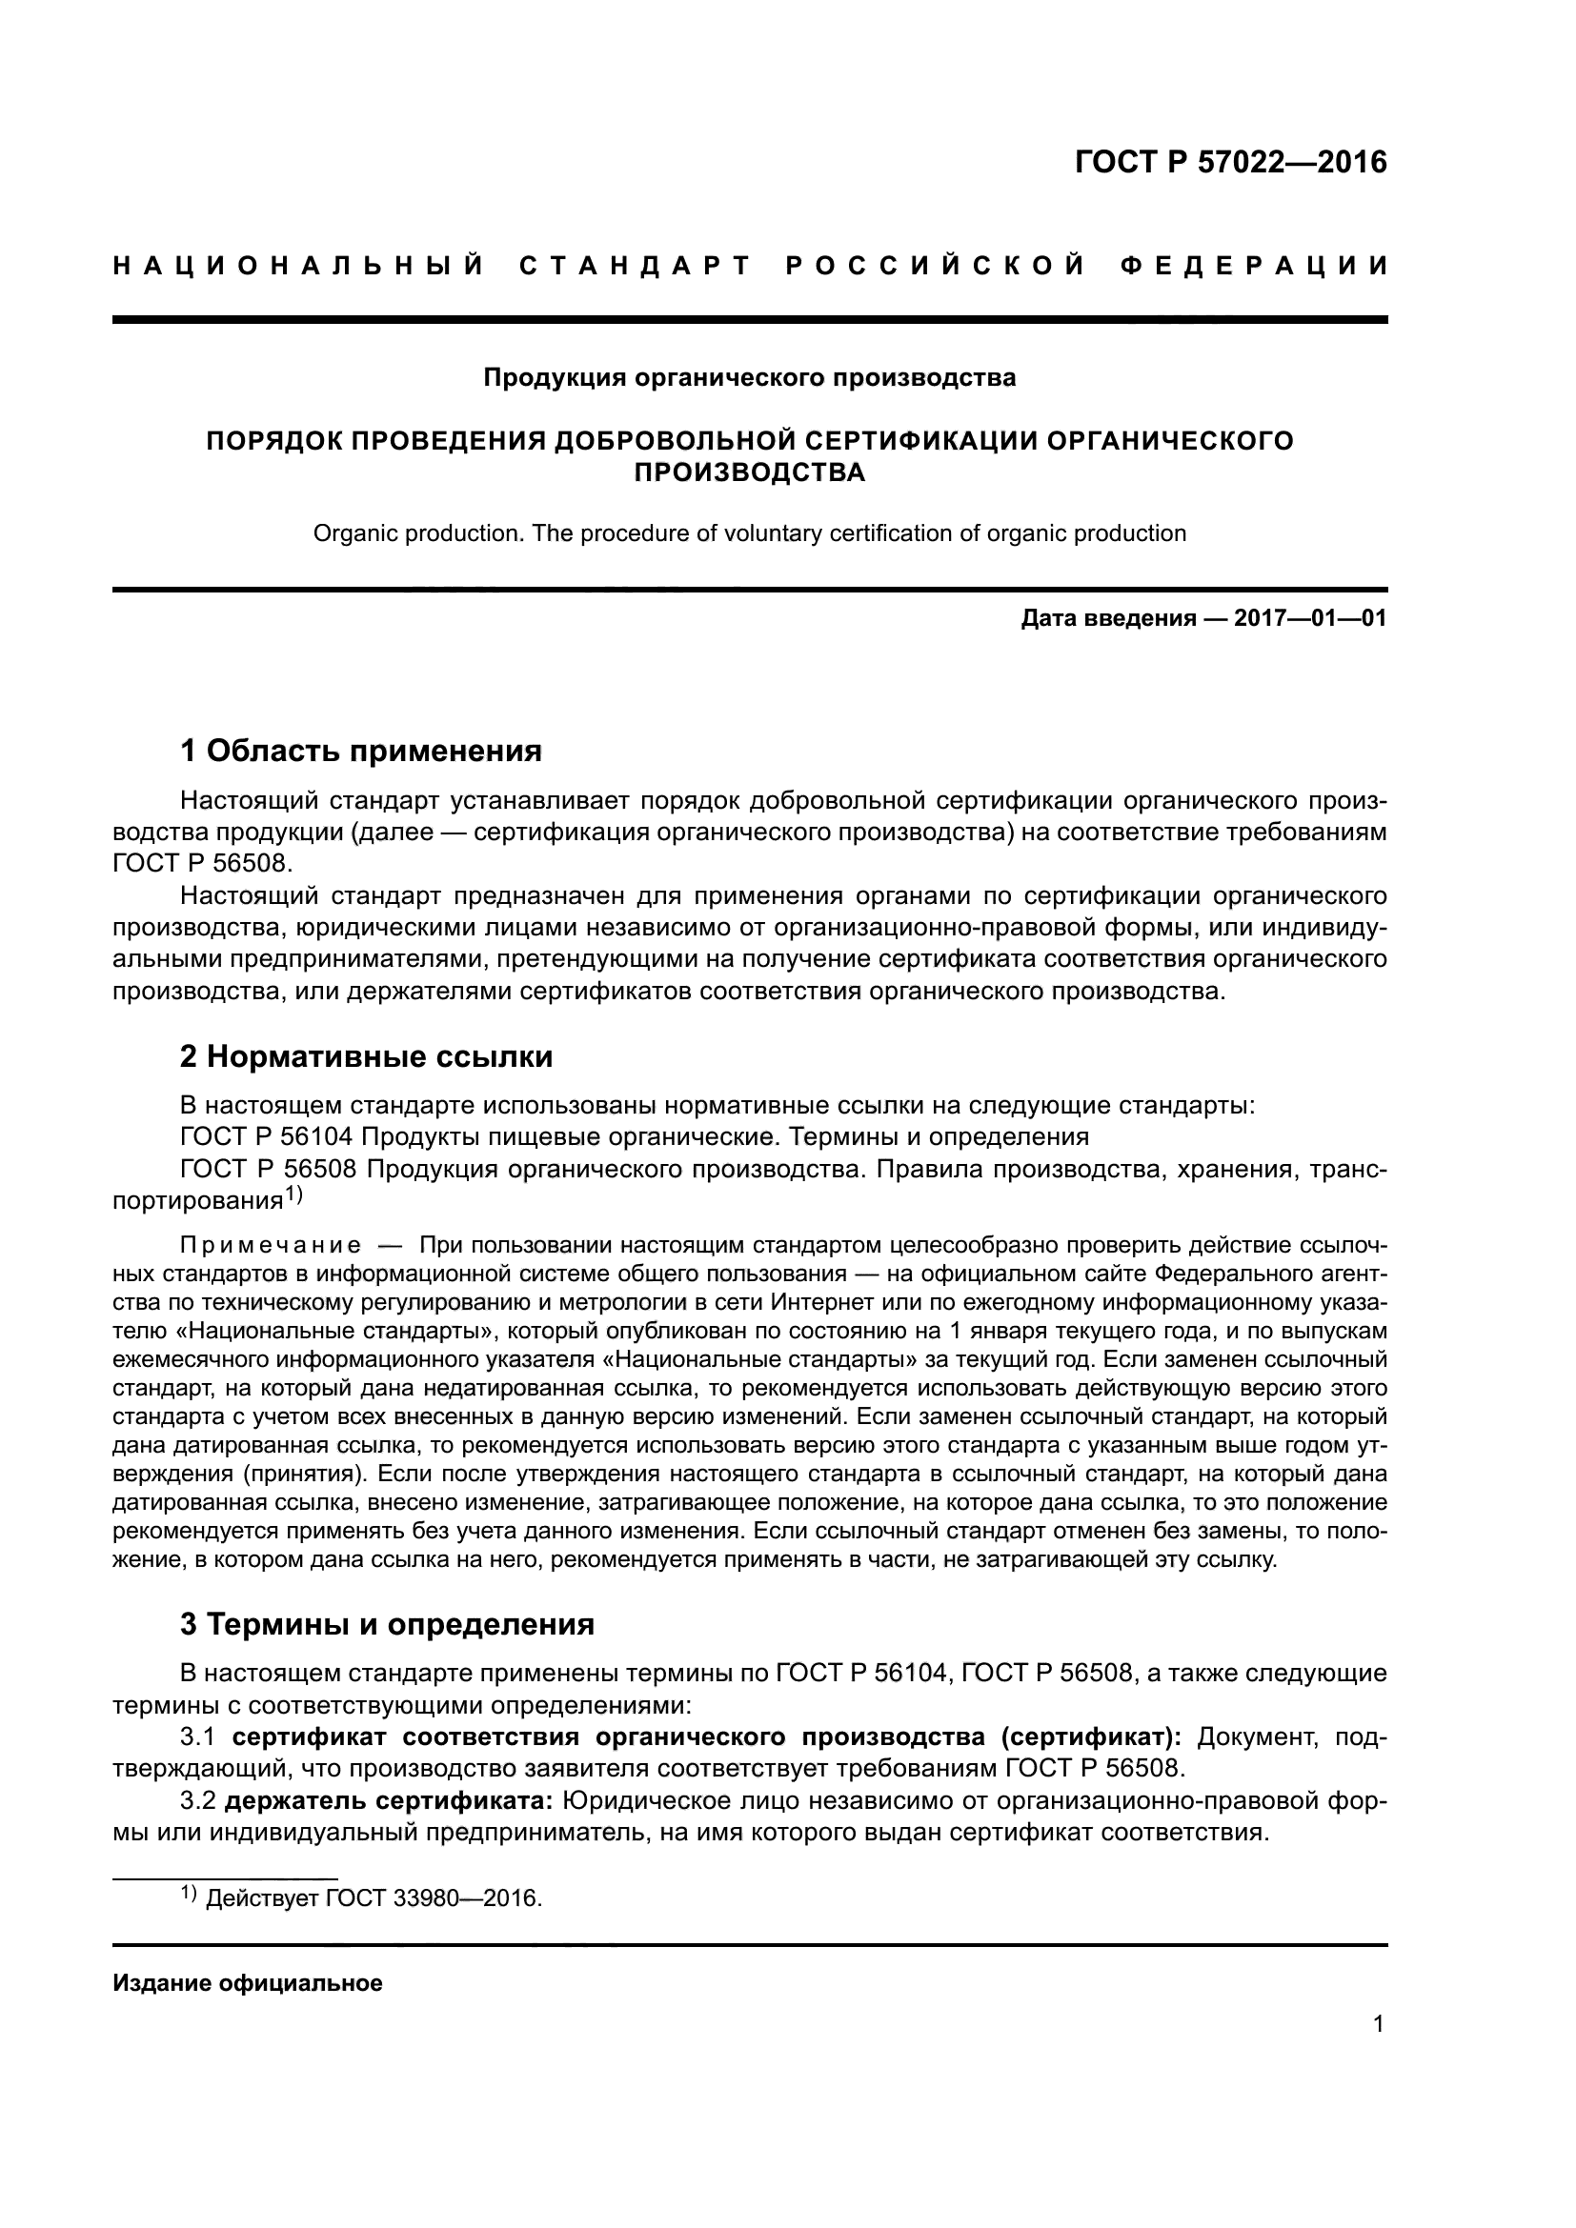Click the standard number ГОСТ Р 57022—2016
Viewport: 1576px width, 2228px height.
[1230, 162]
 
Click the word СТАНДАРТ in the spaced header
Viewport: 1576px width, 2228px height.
[636, 266]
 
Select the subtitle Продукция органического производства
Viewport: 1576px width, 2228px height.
[749, 377]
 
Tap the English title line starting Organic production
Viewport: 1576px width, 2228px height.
[749, 533]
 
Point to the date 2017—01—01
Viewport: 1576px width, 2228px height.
[1309, 619]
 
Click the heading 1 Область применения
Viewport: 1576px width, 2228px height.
[360, 750]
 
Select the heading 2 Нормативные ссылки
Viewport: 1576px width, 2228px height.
[366, 1055]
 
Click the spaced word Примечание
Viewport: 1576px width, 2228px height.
[271, 1245]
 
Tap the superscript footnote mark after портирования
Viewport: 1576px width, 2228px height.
[294, 1196]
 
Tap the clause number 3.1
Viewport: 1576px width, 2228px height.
[199, 1737]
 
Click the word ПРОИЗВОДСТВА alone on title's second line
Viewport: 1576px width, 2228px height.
[749, 472]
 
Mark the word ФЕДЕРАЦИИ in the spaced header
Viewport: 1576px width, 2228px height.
[1254, 266]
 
